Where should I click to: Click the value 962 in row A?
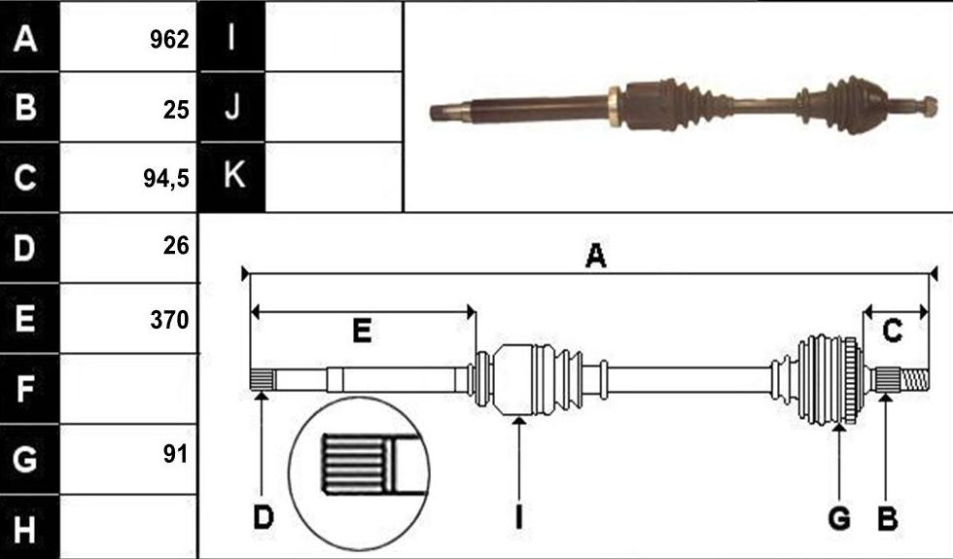(169, 40)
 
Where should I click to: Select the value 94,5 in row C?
(166, 178)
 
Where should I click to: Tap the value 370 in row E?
(169, 320)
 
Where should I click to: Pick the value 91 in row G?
(176, 453)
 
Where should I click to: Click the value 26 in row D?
(176, 245)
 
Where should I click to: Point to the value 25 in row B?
(176, 110)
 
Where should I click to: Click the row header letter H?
(24, 529)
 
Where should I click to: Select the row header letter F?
(24, 389)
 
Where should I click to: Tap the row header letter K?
(234, 174)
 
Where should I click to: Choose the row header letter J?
(232, 106)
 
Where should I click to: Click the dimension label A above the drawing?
(595, 256)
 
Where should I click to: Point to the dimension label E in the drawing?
(362, 332)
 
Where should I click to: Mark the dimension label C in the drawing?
(892, 332)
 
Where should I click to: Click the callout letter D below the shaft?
(264, 517)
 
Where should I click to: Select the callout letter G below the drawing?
(839, 518)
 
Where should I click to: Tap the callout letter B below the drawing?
(887, 518)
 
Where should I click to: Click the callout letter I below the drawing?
(518, 517)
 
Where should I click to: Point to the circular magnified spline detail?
(359, 474)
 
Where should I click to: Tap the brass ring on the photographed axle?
(615, 107)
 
